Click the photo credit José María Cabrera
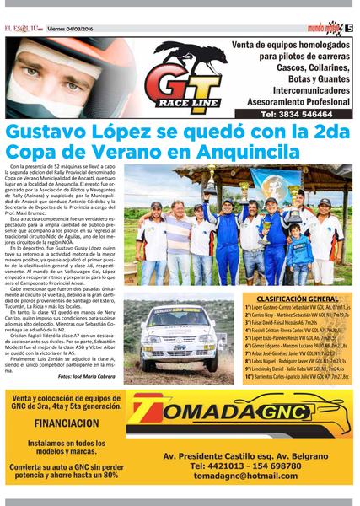(x=84, y=375)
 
